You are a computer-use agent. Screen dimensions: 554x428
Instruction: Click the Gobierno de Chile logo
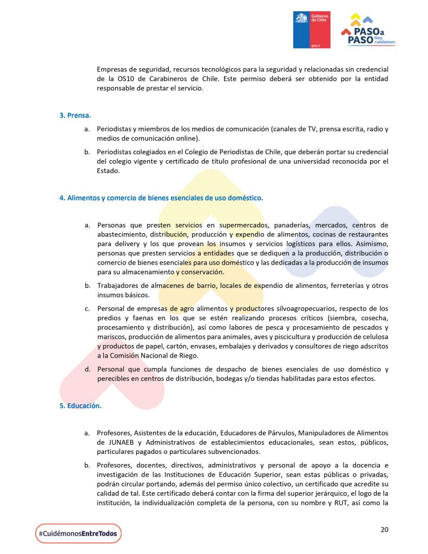[x=312, y=30]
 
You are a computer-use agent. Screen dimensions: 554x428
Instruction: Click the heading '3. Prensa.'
[x=75, y=115]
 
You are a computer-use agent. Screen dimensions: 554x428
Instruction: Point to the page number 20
[x=384, y=529]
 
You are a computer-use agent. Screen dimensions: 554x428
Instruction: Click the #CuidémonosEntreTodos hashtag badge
[x=78, y=533]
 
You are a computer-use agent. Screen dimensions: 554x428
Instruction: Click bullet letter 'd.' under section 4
[x=87, y=369]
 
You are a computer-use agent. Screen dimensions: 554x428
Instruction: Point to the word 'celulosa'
[x=373, y=337]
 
